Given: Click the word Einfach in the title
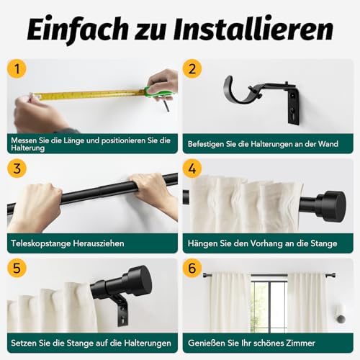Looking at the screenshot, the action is (x=77, y=30).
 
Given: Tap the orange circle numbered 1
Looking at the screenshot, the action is (x=17, y=69).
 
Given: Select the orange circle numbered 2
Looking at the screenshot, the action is (x=192, y=69).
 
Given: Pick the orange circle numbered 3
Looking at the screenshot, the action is (x=17, y=168).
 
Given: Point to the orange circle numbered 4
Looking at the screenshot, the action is (x=192, y=168).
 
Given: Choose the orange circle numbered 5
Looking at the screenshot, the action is (x=17, y=268).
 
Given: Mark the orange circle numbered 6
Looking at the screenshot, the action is (x=192, y=268).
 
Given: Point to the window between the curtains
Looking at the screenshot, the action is (x=269, y=305).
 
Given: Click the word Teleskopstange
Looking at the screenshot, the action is (x=41, y=243).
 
